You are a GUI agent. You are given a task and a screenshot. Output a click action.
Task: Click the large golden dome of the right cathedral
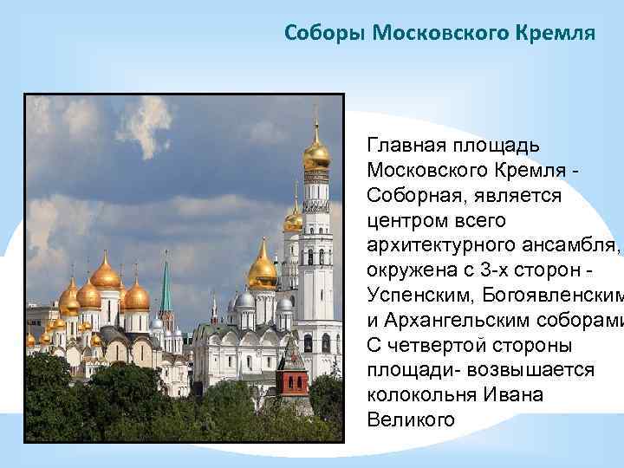click(x=262, y=271)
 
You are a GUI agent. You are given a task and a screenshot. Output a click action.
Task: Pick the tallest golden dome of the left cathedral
click(x=106, y=276)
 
